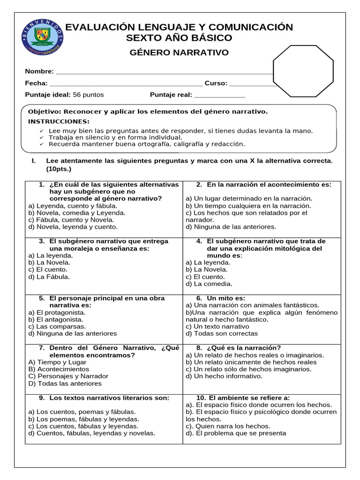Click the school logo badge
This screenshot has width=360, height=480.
click(x=43, y=36)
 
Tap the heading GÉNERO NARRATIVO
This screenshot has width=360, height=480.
click(x=179, y=52)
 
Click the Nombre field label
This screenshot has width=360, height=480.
click(x=39, y=71)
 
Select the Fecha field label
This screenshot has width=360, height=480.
click(x=36, y=83)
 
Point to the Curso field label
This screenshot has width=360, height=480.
click(x=216, y=83)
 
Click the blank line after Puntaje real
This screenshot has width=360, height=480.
click(x=219, y=95)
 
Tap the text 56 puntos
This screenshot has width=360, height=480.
click(x=89, y=95)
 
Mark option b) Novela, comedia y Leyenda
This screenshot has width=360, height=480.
click(x=77, y=212)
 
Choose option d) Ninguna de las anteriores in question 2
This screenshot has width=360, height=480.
click(x=231, y=226)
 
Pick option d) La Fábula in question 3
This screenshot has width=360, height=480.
click(x=49, y=277)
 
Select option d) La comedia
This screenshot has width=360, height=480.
click(x=209, y=284)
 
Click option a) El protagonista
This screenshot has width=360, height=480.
click(x=57, y=312)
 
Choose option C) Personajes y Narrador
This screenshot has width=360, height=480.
click(x=68, y=376)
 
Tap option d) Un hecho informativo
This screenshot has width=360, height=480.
click(x=224, y=376)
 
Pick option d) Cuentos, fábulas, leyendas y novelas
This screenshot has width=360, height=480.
click(x=92, y=433)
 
